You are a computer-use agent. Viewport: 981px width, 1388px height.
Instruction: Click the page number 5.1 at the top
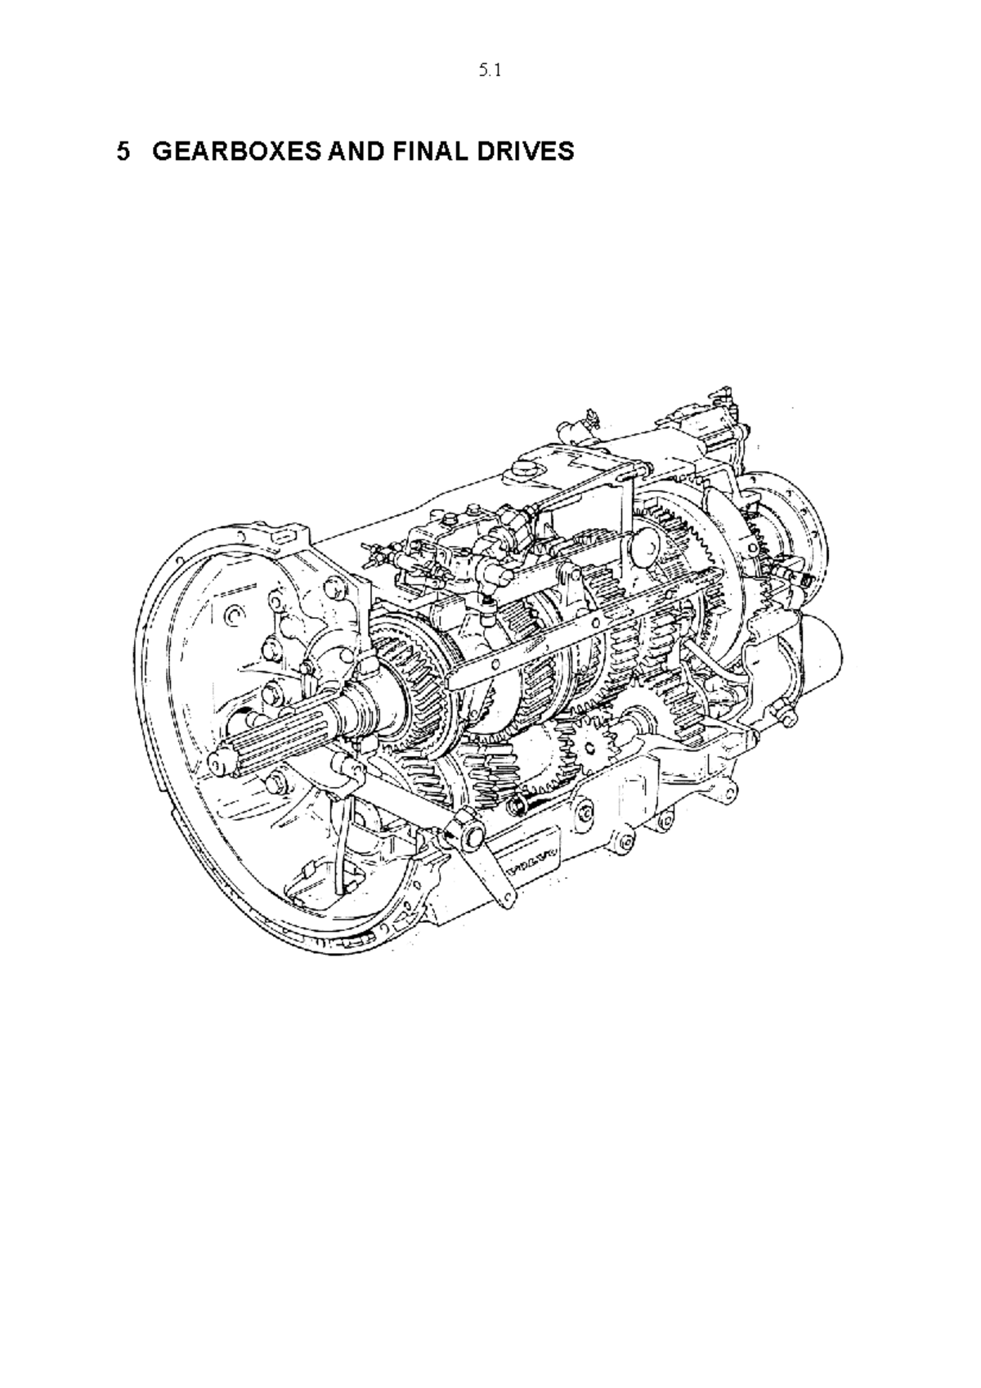(x=489, y=71)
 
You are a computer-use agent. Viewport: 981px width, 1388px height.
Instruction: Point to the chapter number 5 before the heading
(x=123, y=151)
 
